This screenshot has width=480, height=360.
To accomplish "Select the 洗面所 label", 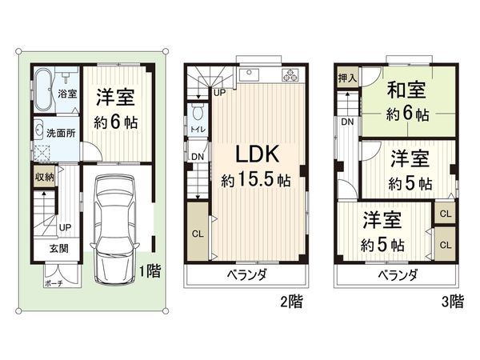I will tap(59, 133).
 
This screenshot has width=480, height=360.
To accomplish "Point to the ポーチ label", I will tap(53, 282).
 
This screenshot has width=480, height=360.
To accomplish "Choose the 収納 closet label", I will tap(44, 178).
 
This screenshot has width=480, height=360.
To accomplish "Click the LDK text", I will tap(256, 153).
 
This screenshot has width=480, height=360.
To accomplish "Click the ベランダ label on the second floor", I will tap(246, 275).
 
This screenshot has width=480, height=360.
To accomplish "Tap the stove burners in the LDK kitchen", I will tap(290, 75).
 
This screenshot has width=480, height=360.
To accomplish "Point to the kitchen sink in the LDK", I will tap(248, 75).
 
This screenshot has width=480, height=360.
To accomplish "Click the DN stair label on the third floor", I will tap(346, 122).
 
